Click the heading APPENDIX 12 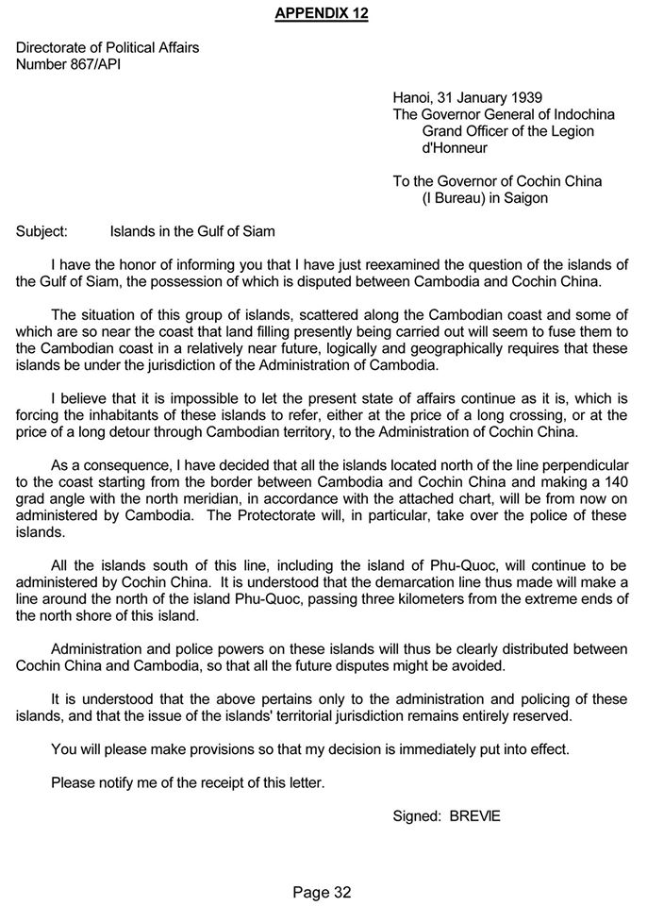[x=322, y=13]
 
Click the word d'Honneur [x=456, y=148]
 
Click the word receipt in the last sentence [x=229, y=782]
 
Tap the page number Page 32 [x=322, y=892]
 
